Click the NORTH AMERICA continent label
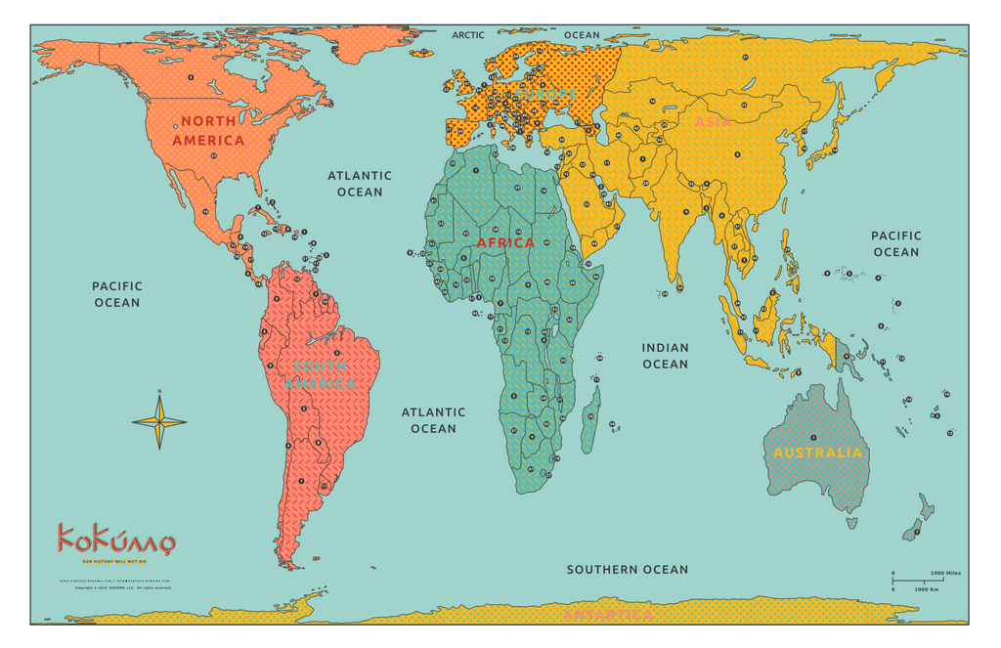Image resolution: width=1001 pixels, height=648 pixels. [x=208, y=130]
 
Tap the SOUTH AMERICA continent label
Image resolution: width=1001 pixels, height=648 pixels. [x=320, y=375]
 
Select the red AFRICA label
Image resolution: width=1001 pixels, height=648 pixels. [x=505, y=242]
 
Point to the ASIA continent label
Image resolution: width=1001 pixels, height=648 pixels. [x=713, y=122]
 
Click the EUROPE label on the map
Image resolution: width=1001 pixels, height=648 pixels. [x=551, y=95]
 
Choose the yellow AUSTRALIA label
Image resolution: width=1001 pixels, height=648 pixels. [x=818, y=453]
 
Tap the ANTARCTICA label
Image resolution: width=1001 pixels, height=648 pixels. [x=607, y=616]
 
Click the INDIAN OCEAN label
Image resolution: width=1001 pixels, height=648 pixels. [x=665, y=356]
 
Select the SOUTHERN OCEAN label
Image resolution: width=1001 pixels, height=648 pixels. [x=627, y=569]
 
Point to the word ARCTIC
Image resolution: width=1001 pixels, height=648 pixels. [x=468, y=35]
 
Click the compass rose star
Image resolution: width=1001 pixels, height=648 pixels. [x=159, y=421]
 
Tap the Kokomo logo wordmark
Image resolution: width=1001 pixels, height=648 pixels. [x=115, y=539]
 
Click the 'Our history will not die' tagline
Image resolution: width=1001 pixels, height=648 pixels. [x=115, y=561]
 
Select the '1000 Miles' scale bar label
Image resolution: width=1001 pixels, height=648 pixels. [x=944, y=573]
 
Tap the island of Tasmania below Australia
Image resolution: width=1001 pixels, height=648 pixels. [x=851, y=522]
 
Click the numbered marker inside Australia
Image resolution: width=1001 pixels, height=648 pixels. [x=813, y=437]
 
